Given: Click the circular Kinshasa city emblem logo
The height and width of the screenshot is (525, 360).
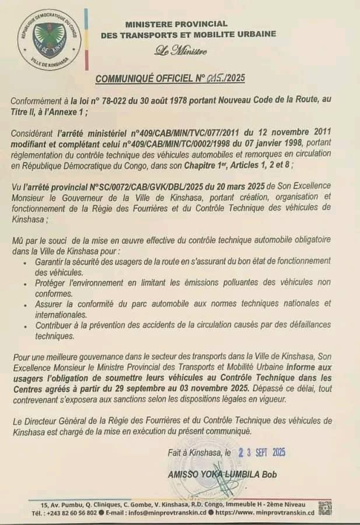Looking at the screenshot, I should pyautogui.click(x=49, y=38).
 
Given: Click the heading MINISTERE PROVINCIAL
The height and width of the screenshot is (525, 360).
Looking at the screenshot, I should pyautogui.click(x=176, y=24).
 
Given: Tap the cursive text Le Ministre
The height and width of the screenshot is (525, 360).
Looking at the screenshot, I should pyautogui.click(x=180, y=51).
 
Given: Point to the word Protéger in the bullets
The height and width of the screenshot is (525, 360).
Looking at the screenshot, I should pyautogui.click(x=53, y=283).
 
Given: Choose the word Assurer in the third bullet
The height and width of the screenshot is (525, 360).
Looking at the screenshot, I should pyautogui.click(x=51, y=303).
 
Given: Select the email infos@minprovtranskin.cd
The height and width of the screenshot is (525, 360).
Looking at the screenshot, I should pyautogui.click(x=165, y=512).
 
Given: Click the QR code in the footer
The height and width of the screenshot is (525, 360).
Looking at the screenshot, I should pyautogui.click(x=324, y=508).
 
